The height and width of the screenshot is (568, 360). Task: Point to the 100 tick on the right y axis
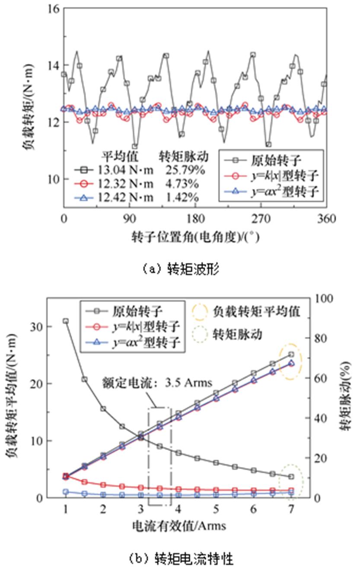click(324, 298)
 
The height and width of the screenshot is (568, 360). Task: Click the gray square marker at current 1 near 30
click(65, 321)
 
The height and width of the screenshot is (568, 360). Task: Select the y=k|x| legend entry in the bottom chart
click(134, 326)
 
